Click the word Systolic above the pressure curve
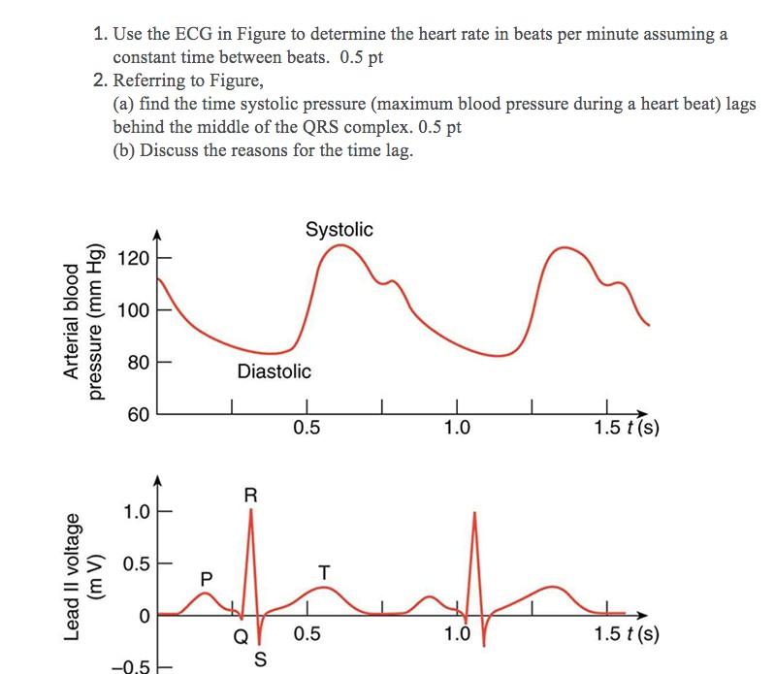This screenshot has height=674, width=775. [x=339, y=230]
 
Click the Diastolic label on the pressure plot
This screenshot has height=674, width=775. [x=274, y=371]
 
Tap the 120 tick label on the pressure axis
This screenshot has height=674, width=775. [x=133, y=259]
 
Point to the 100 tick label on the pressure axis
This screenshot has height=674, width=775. [x=133, y=311]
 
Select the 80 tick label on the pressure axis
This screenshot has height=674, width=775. [x=138, y=363]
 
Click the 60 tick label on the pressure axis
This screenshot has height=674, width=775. [x=138, y=415]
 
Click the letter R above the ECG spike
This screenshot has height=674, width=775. [x=250, y=495]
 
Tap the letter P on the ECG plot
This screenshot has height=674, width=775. [x=205, y=577]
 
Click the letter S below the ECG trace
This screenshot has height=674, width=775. [x=259, y=659]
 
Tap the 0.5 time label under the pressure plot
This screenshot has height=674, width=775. [x=306, y=429]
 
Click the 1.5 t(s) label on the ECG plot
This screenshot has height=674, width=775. [x=626, y=635]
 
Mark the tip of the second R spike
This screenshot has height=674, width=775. [x=475, y=512]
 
